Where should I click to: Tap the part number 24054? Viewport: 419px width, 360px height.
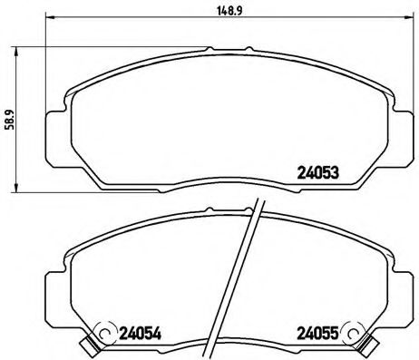[x=141, y=332]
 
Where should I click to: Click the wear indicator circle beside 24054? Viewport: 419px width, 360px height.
[x=105, y=334]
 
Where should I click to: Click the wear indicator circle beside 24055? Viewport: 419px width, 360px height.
[x=354, y=334]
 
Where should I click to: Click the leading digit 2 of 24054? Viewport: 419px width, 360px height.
[x=124, y=332]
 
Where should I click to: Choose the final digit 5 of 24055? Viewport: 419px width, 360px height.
[x=336, y=332]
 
